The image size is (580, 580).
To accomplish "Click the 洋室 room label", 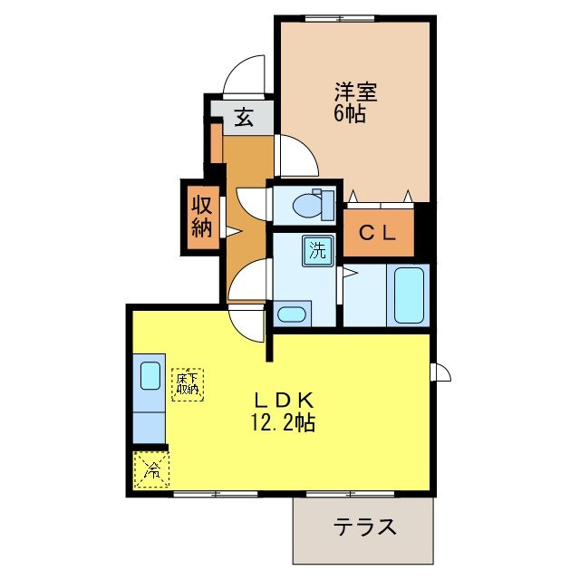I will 355,92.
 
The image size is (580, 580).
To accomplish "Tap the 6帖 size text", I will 350,115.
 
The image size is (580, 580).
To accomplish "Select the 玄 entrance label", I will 244,117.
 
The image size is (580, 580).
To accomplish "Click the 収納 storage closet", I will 201,216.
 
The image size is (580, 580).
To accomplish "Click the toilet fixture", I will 314,205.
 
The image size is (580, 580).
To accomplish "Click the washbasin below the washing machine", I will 291,314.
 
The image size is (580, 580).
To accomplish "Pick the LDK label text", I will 283,400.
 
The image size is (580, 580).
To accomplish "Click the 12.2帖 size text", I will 285,422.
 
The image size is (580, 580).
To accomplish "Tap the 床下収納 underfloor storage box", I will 188,383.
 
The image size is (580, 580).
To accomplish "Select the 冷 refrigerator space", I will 152,469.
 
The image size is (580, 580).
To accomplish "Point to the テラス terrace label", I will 364,527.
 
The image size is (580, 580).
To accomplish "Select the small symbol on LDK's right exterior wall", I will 441,371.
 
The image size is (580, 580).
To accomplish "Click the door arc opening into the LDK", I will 247,319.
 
